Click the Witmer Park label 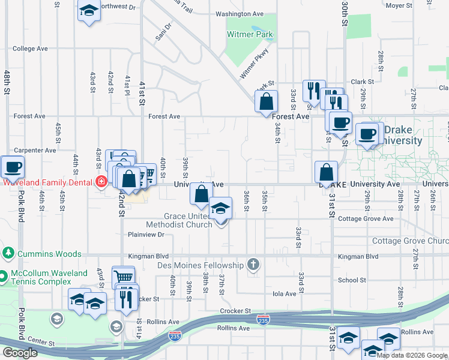250,35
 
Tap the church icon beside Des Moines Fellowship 253,265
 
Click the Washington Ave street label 240,14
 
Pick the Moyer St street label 399,5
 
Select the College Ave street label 30,49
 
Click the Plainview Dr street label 146,235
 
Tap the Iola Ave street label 285,294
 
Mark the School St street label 352,280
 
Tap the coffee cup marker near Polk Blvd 12,166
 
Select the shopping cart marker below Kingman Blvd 123,277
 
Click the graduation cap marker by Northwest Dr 89,11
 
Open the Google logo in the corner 20,353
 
